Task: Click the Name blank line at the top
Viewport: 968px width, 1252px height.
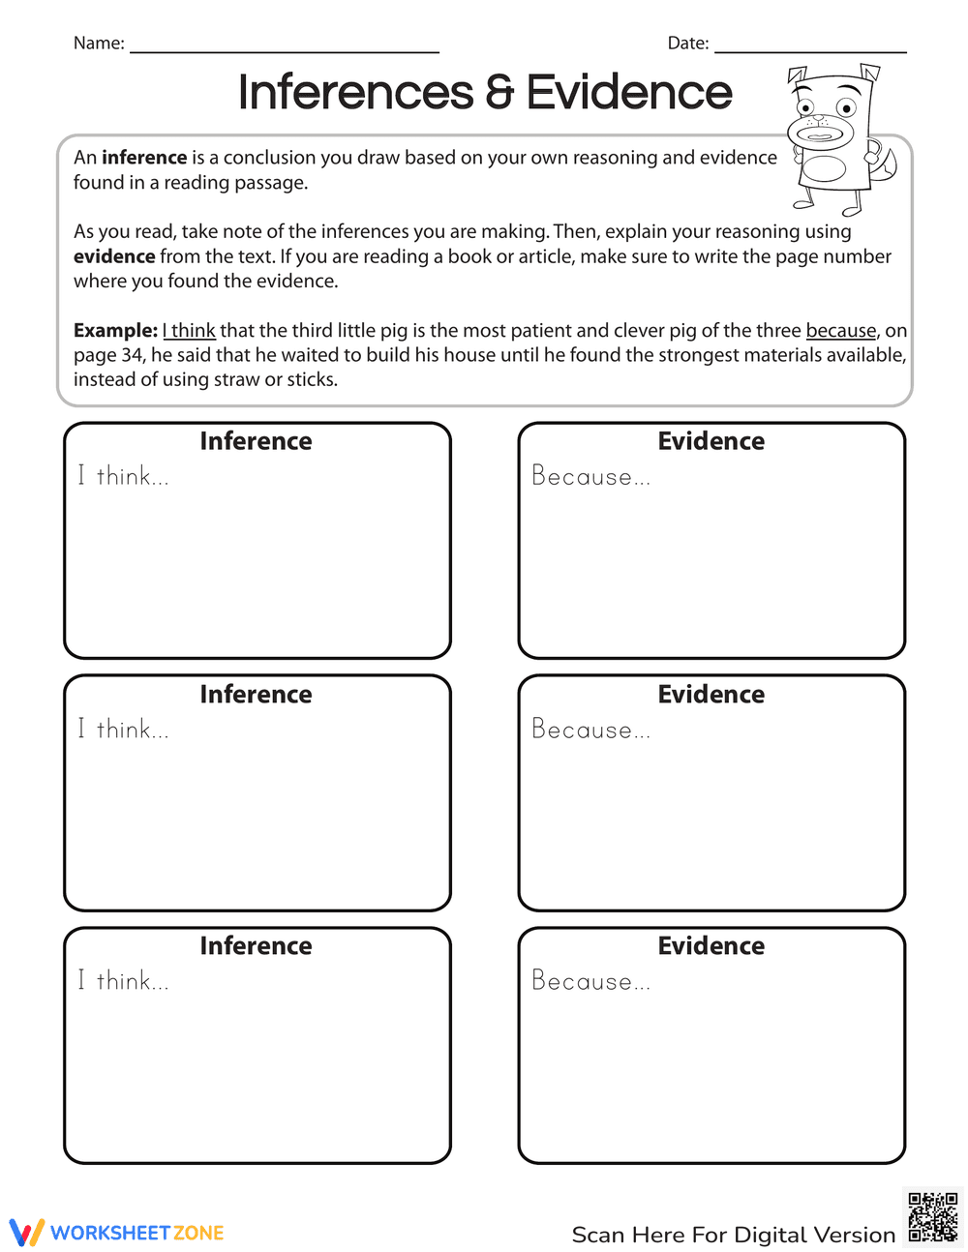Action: point(284,50)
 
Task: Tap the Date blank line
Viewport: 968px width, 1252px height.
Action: point(809,50)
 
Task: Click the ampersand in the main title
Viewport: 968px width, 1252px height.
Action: point(499,93)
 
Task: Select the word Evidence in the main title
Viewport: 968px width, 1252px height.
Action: point(629,93)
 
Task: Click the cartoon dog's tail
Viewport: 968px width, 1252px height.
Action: point(884,164)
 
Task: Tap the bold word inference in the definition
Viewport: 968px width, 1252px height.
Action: point(144,158)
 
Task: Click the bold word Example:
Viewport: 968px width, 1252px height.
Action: point(115,331)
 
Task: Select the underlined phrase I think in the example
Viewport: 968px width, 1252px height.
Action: point(189,331)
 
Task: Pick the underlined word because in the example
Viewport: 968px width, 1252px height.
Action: point(840,331)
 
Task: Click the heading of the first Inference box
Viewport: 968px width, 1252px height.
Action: point(256,441)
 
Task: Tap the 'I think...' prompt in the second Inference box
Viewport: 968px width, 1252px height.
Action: point(123,729)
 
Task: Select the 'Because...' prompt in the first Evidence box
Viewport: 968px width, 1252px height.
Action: point(590,476)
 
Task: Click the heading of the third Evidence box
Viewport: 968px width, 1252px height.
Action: point(711,945)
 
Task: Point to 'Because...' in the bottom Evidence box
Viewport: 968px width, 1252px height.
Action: point(590,981)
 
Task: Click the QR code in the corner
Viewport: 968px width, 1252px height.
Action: point(932,1217)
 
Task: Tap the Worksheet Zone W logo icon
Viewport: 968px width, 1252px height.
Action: point(26,1233)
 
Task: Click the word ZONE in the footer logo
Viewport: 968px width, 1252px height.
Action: point(198,1233)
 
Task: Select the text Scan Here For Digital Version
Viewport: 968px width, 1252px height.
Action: point(733,1235)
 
